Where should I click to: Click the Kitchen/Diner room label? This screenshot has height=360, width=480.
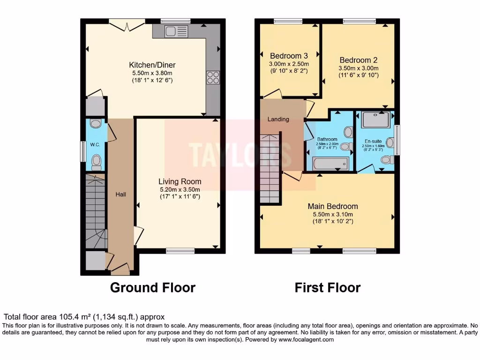pos(152,65)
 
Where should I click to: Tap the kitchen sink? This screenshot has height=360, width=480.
pos(176,31)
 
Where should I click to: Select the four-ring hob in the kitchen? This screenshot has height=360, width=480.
pos(213,77)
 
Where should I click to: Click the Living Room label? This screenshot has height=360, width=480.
pos(180,181)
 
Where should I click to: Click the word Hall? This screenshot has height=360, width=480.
pos(121,194)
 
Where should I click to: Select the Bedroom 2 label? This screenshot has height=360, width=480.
pos(359,60)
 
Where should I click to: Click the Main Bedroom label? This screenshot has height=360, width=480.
pos(333,206)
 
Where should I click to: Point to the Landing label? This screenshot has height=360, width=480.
pos(278,119)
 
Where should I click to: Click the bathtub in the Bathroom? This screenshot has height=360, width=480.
pos(330,164)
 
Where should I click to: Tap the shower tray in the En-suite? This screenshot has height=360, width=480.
pos(376,120)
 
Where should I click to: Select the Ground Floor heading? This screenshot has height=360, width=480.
pos(152,287)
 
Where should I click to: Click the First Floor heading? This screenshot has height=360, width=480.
pos(328,287)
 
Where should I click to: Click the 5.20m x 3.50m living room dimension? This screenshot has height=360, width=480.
pos(180,190)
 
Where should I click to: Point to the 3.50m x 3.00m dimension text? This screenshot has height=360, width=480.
pos(359,68)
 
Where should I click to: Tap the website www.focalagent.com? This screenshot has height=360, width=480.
pos(306,340)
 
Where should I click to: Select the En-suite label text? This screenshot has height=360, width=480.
pos(374,141)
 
